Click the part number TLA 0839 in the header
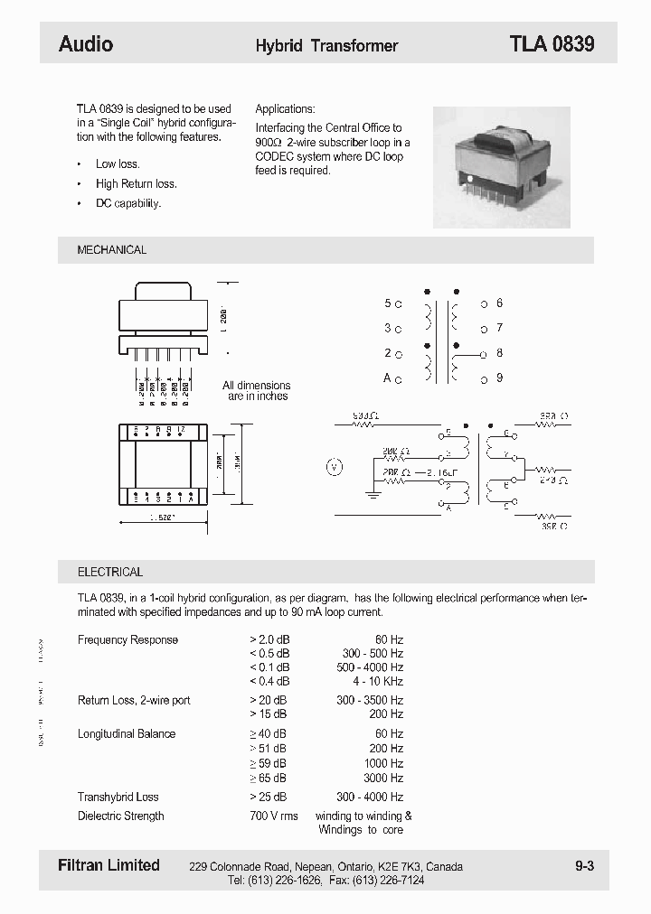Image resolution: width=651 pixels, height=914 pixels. coord(552,44)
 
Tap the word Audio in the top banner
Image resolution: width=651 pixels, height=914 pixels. coord(86,44)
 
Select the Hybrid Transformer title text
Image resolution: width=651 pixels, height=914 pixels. coord(326,45)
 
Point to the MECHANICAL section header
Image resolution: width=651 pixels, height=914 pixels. coord(112,250)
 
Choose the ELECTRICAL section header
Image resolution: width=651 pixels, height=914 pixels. coord(110,572)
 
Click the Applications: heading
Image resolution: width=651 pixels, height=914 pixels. coord(285,108)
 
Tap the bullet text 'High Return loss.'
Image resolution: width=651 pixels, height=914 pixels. coord(137,184)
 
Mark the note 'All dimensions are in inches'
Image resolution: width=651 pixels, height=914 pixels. coord(257,391)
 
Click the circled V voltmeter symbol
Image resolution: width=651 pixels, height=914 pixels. coord(334,467)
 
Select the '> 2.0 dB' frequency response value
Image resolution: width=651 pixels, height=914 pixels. coord(269,639)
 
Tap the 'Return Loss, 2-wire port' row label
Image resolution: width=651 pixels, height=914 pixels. coord(134,700)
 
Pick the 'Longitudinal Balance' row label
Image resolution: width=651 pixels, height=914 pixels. coord(127,733)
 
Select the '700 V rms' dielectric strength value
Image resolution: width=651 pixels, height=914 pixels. coord(273,816)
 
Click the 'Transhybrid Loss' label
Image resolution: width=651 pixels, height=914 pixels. coord(118,797)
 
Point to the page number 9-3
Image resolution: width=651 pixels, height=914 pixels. coord(584,866)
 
